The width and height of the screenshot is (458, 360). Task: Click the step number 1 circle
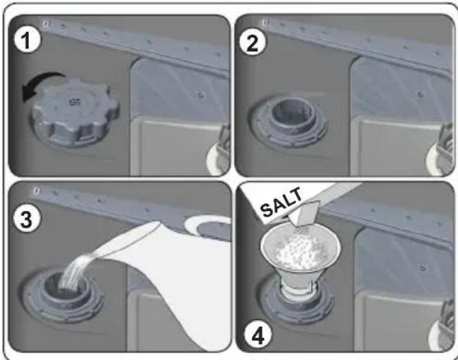point(27,39)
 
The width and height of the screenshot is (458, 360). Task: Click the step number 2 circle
point(253,43)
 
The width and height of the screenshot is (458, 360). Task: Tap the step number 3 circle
point(27,219)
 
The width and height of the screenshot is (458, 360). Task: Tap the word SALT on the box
point(281,202)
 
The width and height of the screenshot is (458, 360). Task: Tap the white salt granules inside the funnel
point(300,249)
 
